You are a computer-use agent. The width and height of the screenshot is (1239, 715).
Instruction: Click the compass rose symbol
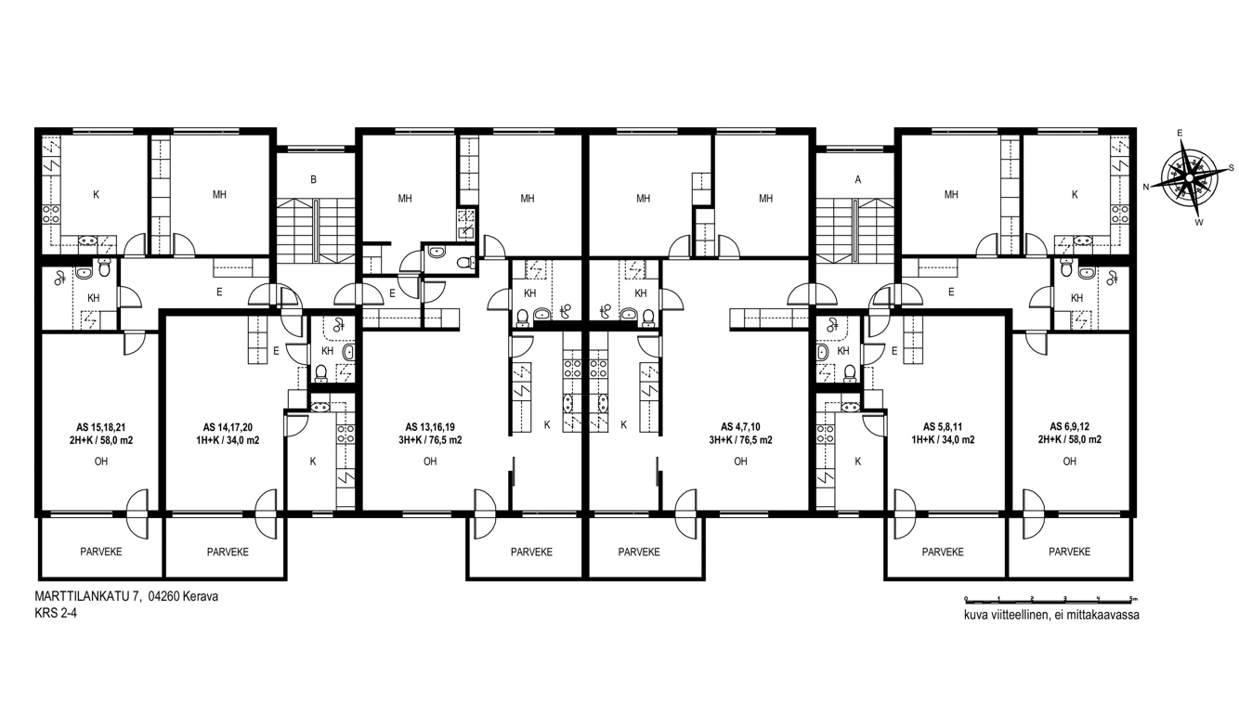point(1188,178)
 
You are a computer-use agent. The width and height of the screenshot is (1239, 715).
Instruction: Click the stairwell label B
point(314,180)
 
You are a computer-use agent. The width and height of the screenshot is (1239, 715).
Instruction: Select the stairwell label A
point(858,180)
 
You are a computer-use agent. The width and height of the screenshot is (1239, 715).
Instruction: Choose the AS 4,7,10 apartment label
point(740,427)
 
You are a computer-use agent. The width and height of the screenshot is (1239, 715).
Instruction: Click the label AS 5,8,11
point(944,427)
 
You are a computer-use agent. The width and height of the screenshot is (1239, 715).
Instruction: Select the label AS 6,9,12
point(1070,427)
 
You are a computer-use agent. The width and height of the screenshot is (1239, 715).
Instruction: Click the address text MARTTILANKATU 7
point(85,597)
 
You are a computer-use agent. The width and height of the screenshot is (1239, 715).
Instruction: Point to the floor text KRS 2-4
point(56,614)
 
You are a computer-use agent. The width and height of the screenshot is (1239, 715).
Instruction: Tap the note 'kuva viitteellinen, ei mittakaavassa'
point(1051,615)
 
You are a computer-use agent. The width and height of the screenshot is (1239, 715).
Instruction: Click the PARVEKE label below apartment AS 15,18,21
point(100,552)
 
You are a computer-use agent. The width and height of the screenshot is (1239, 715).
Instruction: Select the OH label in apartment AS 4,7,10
point(740,461)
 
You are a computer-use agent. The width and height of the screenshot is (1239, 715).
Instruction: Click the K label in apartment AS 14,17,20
point(313,461)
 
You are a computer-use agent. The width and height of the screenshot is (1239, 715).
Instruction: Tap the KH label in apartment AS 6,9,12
point(1077,298)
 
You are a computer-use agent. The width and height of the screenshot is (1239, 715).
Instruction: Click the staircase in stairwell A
point(855,231)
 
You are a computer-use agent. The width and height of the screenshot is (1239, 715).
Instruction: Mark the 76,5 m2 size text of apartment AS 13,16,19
point(445,441)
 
